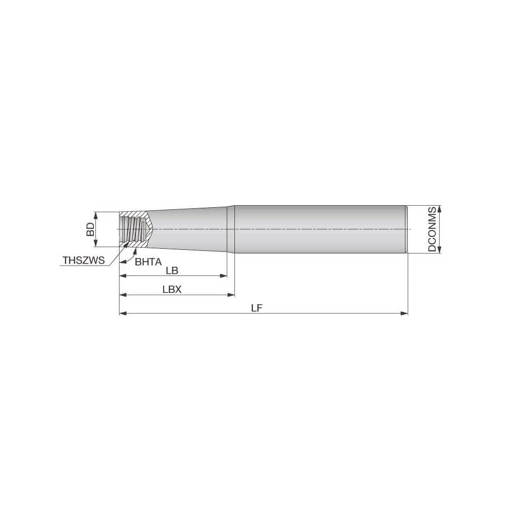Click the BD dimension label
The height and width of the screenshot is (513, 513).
click(90, 229)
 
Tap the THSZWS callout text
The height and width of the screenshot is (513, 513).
click(83, 261)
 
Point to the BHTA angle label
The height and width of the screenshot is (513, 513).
click(148, 261)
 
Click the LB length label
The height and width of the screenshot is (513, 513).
click(172, 270)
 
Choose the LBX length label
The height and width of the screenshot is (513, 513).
click(172, 289)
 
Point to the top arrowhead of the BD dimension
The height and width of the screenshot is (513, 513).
click(95, 214)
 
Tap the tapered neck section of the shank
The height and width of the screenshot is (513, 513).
click(190, 229)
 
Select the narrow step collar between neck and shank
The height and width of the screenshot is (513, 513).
click(231, 229)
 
